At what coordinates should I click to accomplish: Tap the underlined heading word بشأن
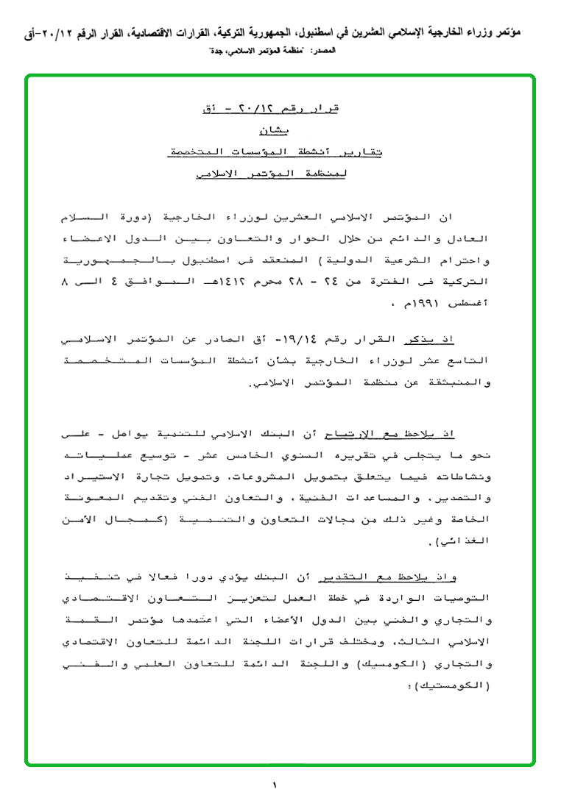[276, 132]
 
